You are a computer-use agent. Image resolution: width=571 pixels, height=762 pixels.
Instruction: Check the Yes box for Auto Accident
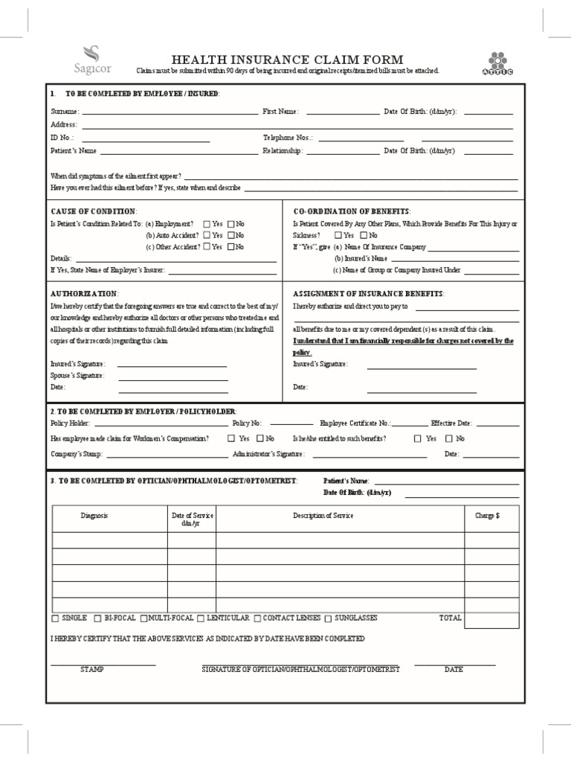(x=206, y=235)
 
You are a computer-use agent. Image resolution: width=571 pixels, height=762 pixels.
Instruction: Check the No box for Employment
(x=231, y=223)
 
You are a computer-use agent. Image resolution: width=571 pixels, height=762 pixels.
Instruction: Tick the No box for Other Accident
(x=231, y=247)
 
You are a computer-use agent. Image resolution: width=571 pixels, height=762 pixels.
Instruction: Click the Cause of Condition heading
(x=93, y=211)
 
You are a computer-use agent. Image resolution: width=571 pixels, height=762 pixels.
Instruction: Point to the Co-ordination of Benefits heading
(x=351, y=211)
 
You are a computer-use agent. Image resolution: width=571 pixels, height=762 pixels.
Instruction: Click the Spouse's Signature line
(x=172, y=376)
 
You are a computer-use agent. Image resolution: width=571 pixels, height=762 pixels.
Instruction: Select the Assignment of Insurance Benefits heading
(x=368, y=294)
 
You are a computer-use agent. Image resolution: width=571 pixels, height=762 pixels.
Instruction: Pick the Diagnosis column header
(x=94, y=516)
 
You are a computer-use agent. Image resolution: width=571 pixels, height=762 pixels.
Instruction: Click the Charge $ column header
(x=487, y=516)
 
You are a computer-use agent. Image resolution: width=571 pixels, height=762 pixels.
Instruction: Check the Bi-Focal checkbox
(x=98, y=618)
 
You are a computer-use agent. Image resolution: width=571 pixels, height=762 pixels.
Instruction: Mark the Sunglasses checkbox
(x=329, y=618)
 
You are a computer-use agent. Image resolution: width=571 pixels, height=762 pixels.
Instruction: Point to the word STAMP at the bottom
(x=92, y=670)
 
